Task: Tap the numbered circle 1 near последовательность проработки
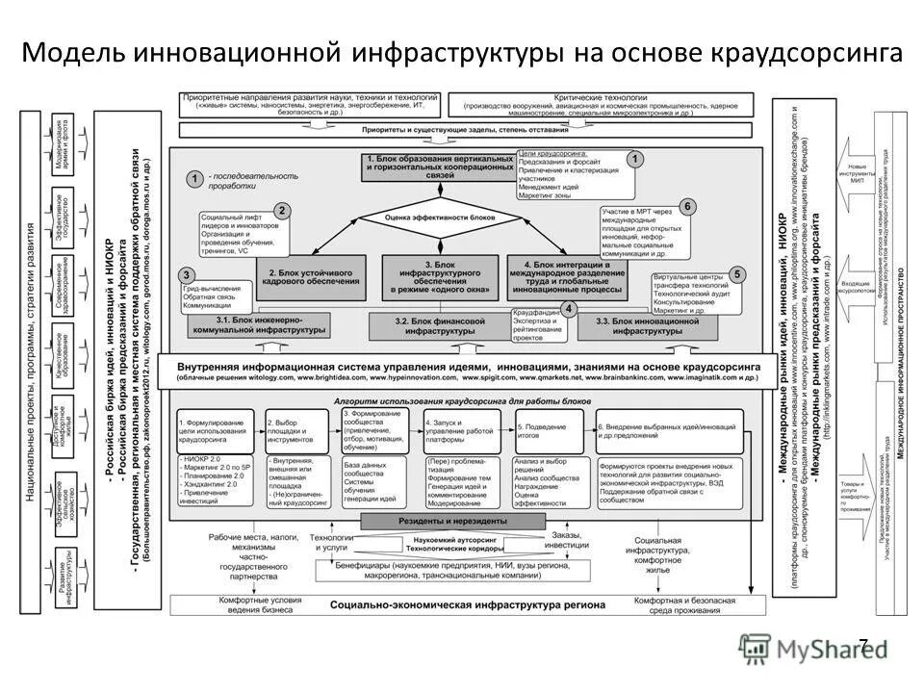coord(194,178)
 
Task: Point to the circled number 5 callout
coord(736,274)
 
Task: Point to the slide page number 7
coord(862,646)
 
